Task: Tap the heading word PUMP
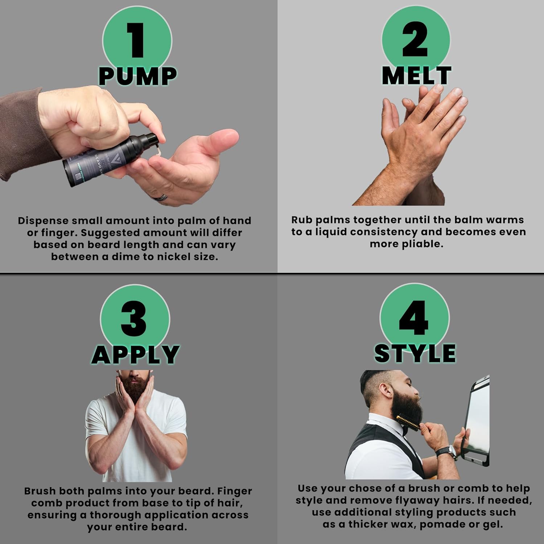pyautogui.click(x=137, y=77)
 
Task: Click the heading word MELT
pyautogui.click(x=416, y=75)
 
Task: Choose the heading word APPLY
pyautogui.click(x=135, y=354)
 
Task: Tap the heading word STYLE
pyautogui.click(x=415, y=353)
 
